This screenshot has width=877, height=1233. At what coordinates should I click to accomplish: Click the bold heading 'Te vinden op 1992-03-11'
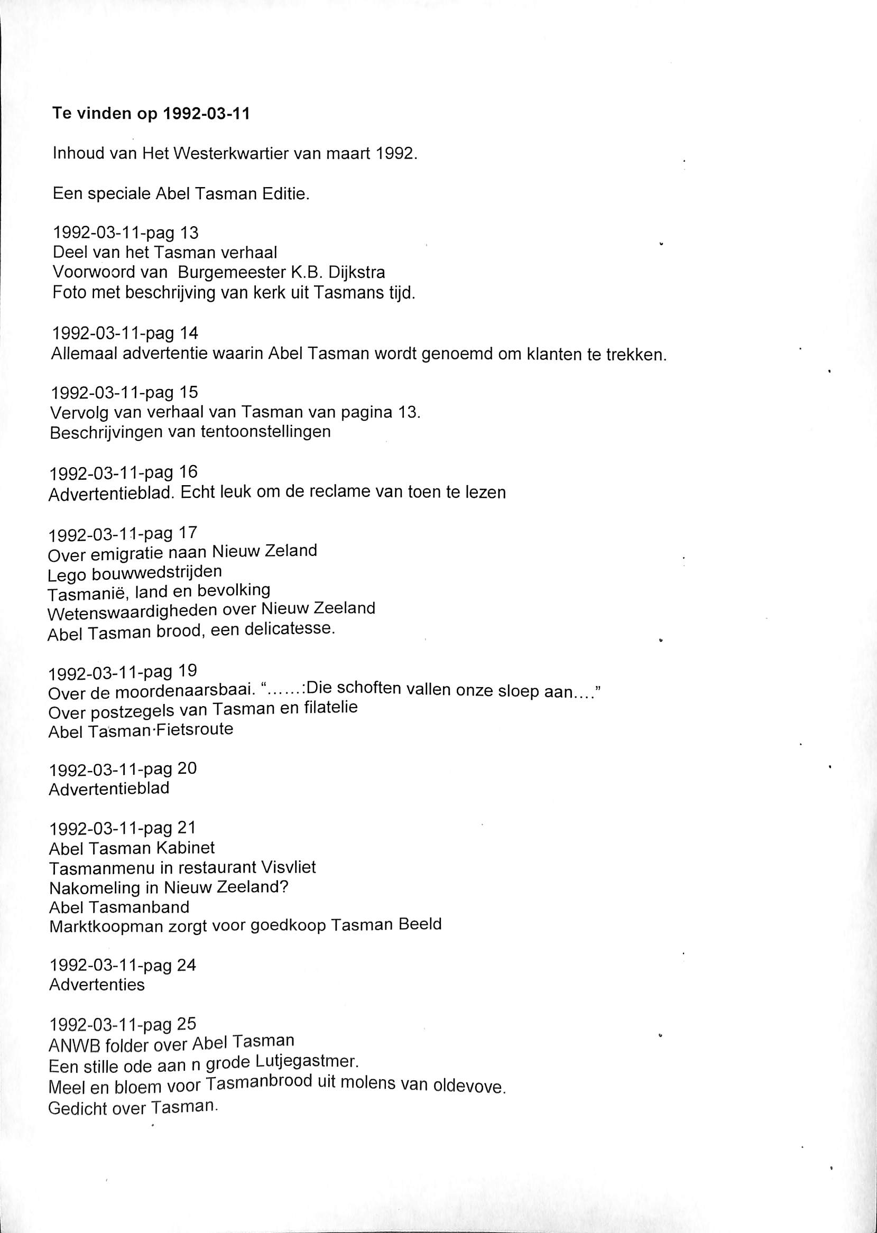151,115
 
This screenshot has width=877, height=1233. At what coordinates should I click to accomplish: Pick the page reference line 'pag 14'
124,333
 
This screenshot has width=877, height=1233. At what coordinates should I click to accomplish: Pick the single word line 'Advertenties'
97,985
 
